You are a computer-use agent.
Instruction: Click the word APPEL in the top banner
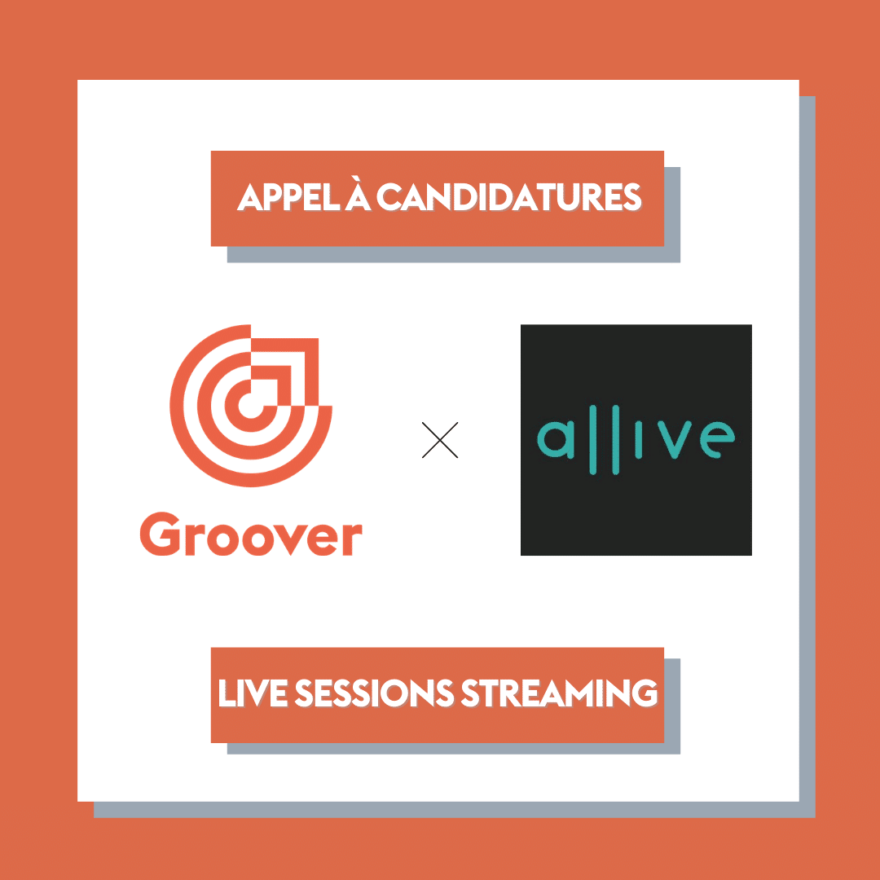[x=288, y=197]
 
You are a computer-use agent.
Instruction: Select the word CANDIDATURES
[x=508, y=197]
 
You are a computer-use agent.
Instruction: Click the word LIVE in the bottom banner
[x=253, y=693]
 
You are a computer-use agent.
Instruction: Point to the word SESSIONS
[x=374, y=693]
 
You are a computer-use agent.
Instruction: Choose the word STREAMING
[x=559, y=693]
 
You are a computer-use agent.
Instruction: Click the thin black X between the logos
[x=440, y=440]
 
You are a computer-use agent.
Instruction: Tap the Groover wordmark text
[x=251, y=534]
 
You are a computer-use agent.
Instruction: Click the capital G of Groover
[x=161, y=534]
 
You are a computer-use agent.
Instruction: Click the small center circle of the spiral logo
[x=251, y=405]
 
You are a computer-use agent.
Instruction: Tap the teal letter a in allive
[x=556, y=439]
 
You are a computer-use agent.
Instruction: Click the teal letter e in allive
[x=717, y=439]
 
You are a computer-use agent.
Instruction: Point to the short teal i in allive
[x=638, y=439]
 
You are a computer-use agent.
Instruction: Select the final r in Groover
[x=353, y=540]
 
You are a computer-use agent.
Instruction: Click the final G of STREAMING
[x=645, y=693]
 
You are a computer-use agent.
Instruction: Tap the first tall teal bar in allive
[x=592, y=440]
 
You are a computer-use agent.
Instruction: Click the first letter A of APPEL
[x=250, y=197]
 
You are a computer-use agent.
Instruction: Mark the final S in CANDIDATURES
[x=632, y=197]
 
